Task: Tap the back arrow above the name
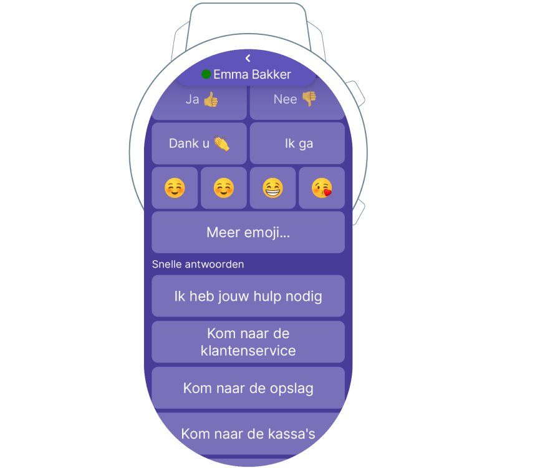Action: click(x=248, y=58)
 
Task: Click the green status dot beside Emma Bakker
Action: click(x=206, y=74)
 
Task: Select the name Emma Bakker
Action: click(x=252, y=74)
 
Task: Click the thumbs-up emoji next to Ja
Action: click(x=211, y=100)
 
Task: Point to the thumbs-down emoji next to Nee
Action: click(x=309, y=99)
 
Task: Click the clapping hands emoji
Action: click(x=221, y=144)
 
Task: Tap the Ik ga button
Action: click(x=297, y=144)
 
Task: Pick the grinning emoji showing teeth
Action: click(x=272, y=188)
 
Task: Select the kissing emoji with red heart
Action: click(x=322, y=188)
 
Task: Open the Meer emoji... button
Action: click(x=248, y=232)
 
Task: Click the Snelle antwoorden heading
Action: click(x=198, y=265)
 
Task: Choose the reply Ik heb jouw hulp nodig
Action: click(x=248, y=296)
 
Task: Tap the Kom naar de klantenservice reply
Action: click(x=248, y=342)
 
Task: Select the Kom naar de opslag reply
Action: click(x=248, y=388)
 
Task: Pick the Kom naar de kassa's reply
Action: click(x=248, y=434)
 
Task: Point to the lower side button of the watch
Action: click(x=358, y=212)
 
